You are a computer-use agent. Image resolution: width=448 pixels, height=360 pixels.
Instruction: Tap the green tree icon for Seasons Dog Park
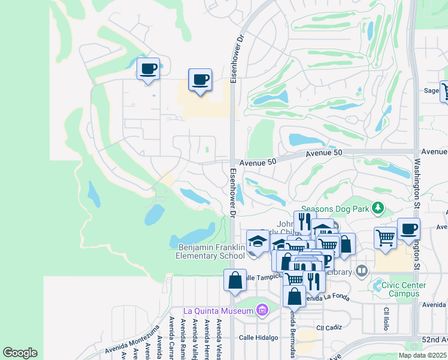click(x=377, y=208)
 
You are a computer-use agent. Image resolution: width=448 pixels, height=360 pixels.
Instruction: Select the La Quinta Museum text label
click(x=219, y=310)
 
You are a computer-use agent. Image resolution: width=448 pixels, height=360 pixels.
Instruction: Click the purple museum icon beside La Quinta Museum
click(x=261, y=310)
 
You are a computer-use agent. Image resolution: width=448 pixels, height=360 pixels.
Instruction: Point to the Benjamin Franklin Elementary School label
click(x=211, y=251)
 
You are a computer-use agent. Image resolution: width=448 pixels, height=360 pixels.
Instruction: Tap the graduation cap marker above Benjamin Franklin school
click(x=258, y=241)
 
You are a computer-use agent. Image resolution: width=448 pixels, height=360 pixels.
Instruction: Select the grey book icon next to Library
click(x=361, y=271)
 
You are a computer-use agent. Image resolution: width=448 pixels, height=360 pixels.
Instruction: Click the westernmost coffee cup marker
click(x=148, y=69)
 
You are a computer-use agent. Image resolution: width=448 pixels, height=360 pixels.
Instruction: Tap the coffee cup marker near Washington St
click(x=408, y=229)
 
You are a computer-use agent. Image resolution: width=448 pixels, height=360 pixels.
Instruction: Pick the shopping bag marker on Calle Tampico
click(x=235, y=280)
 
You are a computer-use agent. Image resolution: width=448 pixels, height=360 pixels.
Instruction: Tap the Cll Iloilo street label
click(x=386, y=319)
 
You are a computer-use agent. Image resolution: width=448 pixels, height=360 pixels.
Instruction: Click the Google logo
click(x=20, y=353)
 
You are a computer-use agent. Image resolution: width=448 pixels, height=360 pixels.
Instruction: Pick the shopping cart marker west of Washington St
click(x=385, y=237)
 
